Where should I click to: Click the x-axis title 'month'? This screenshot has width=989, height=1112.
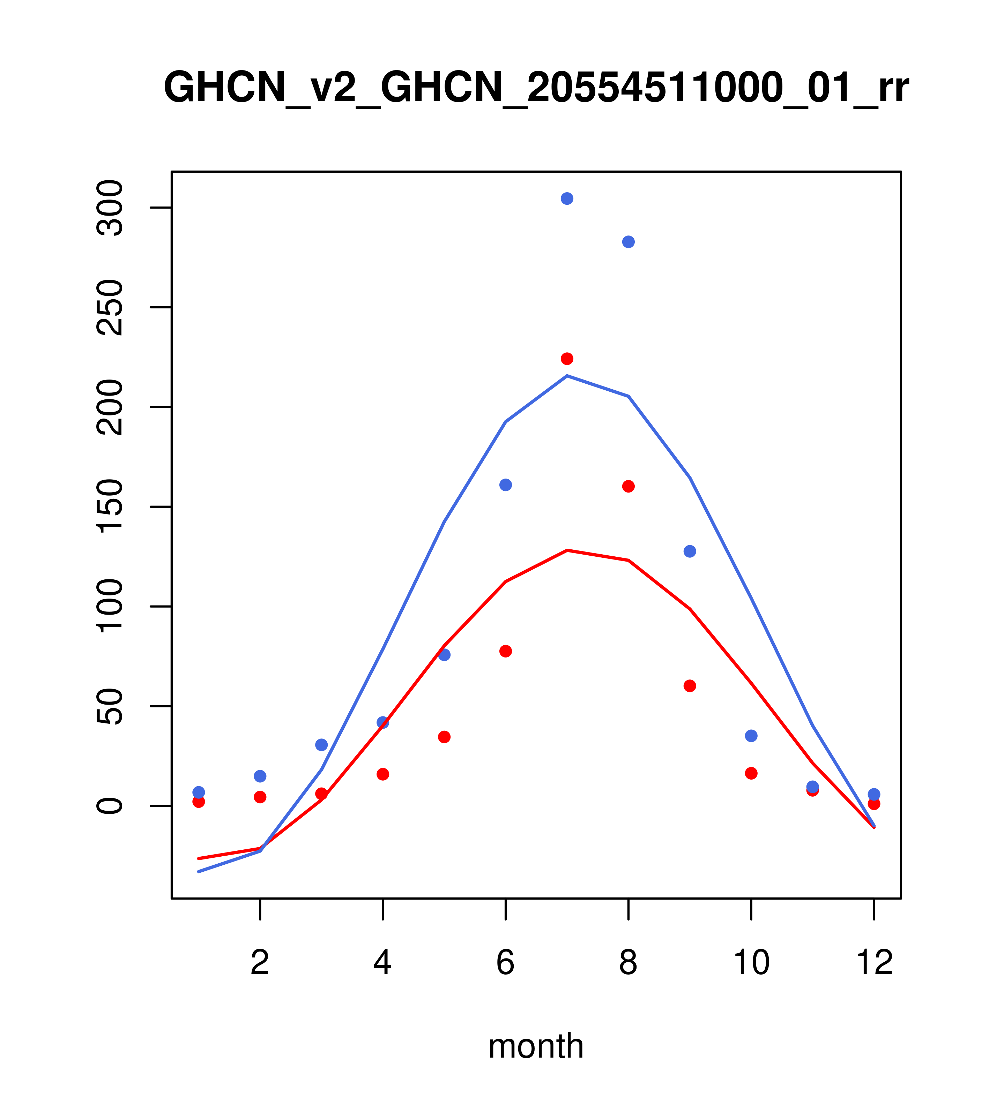click(536, 1046)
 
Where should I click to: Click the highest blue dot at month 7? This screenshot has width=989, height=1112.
click(567, 198)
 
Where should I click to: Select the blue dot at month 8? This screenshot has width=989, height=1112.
click(628, 242)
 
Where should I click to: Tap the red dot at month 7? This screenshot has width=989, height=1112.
click(567, 359)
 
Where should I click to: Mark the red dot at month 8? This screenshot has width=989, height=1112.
click(628, 486)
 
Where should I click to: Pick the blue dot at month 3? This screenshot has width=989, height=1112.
click(321, 745)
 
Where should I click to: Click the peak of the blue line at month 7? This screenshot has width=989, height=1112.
click(567, 376)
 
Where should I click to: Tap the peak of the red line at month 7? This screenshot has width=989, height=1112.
click(567, 550)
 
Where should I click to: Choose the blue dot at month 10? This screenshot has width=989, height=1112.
click(751, 736)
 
